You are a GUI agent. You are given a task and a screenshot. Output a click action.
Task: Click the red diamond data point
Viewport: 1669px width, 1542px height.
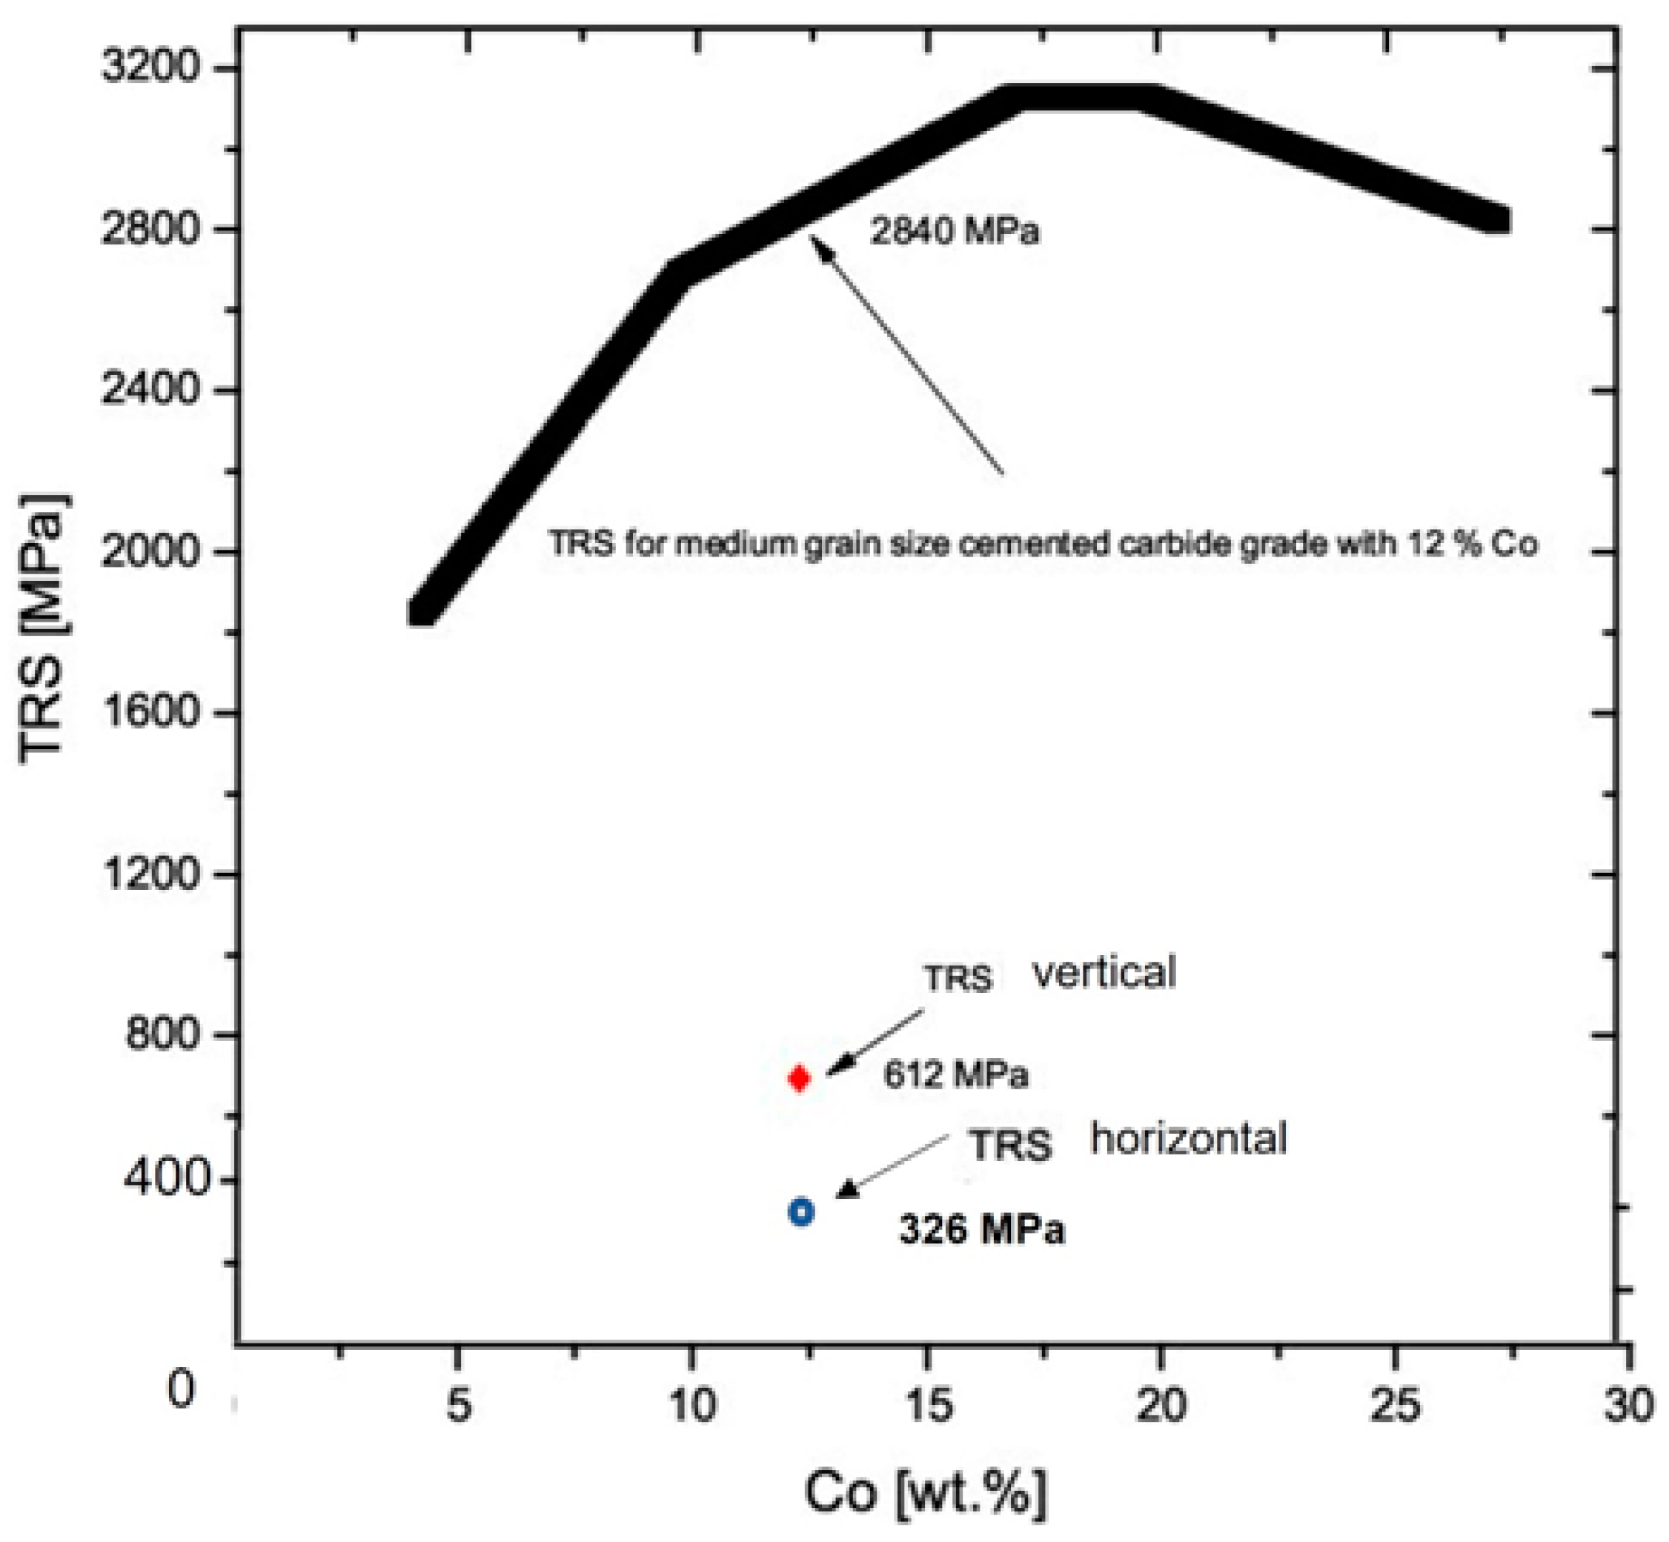click(799, 1078)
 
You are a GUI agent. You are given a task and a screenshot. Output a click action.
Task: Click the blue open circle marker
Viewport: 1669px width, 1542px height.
click(801, 1212)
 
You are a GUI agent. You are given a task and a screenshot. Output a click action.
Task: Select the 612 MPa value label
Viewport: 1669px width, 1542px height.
click(955, 1074)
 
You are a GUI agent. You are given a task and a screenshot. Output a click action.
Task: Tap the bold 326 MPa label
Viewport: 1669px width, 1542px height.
click(981, 1230)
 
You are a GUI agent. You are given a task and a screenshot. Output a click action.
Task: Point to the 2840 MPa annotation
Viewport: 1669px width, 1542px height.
click(955, 230)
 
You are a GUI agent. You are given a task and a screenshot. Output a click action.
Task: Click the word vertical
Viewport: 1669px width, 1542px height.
click(1104, 973)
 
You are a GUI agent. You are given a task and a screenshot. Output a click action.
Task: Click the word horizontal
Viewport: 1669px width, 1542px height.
click(1188, 1138)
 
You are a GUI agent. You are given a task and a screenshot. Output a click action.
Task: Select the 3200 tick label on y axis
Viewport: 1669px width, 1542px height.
click(151, 67)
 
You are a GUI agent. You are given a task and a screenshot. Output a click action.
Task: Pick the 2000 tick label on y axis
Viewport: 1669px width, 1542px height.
click(151, 551)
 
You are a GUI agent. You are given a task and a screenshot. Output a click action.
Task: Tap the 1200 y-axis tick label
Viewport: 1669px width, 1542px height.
click(151, 874)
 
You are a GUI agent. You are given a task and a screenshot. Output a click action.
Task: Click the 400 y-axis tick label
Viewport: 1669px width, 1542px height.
click(163, 1178)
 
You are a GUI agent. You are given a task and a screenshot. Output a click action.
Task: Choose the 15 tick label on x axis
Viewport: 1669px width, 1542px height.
click(927, 1405)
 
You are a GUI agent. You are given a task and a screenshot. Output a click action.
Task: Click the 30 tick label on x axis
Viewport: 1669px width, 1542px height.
click(1628, 1405)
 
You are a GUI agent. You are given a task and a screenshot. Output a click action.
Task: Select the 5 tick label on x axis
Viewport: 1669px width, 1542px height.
click(458, 1405)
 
